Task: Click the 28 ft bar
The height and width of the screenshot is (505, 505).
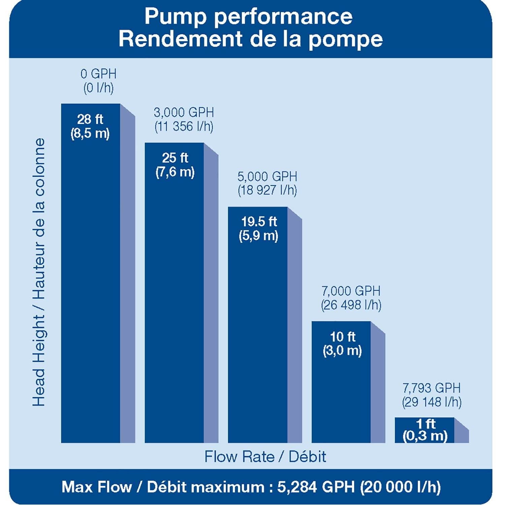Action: click(x=91, y=286)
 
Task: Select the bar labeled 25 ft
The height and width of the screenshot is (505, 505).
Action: click(x=174, y=303)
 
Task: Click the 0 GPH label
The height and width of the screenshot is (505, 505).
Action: click(x=98, y=74)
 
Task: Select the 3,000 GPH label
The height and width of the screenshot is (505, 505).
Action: click(x=184, y=112)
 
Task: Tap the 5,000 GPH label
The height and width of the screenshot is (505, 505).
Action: click(x=267, y=176)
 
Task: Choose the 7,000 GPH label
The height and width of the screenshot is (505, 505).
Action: click(x=351, y=291)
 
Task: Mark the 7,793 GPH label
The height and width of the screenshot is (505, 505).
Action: click(x=431, y=388)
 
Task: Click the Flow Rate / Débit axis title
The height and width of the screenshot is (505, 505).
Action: click(x=265, y=457)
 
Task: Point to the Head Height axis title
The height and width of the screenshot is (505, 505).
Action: click(x=39, y=273)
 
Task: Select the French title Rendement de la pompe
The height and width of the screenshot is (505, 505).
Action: click(x=250, y=39)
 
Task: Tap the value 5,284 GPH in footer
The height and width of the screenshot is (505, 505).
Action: click(x=316, y=487)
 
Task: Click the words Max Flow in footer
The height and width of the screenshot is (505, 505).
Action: click(x=97, y=487)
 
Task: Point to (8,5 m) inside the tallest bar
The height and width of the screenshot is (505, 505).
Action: click(x=90, y=134)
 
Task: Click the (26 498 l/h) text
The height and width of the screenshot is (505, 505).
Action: click(x=351, y=305)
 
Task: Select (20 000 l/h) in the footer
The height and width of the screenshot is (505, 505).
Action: click(x=400, y=487)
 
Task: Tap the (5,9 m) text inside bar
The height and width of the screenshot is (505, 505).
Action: click(x=258, y=236)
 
